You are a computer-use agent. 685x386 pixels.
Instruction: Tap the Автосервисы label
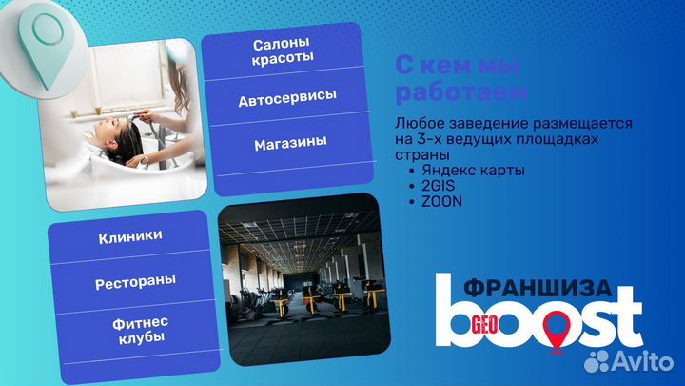[x=286, y=98]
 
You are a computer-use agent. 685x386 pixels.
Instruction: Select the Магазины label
[x=290, y=143]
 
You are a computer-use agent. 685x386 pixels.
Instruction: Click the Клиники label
[x=129, y=235]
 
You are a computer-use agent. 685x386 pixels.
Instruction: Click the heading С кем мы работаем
[x=460, y=79]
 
